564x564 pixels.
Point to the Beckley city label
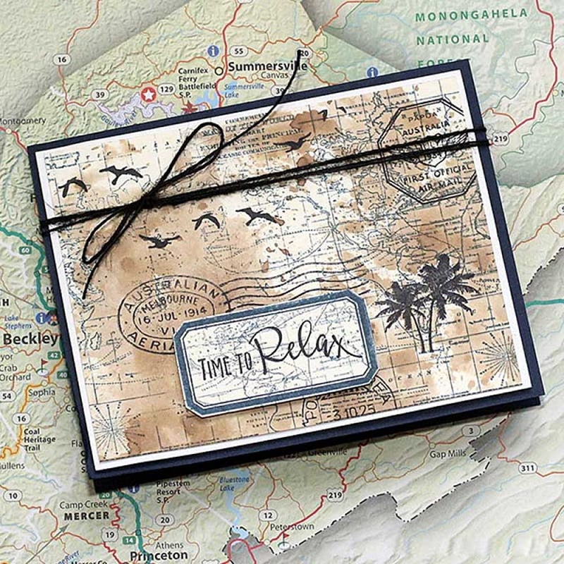tap(30, 339)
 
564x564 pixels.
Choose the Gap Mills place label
tap(446, 454)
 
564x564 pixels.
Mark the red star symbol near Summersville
tap(148, 93)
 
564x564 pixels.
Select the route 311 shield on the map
tap(527, 467)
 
